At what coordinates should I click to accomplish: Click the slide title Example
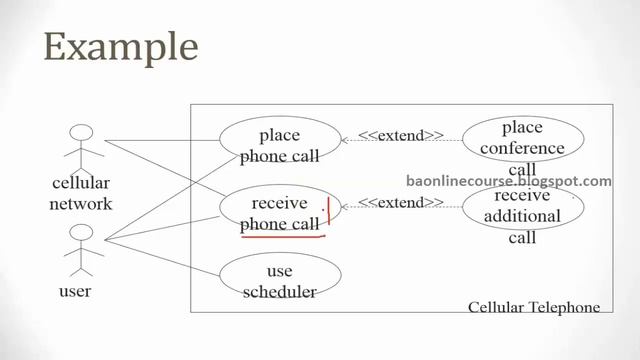click(x=120, y=48)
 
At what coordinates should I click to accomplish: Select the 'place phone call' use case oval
click(x=279, y=144)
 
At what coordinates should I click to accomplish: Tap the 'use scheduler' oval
click(x=279, y=280)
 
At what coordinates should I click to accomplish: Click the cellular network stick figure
click(x=82, y=147)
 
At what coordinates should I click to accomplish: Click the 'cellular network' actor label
click(x=82, y=194)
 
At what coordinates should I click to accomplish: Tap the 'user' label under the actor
click(x=75, y=292)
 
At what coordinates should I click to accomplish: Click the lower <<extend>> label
click(x=400, y=203)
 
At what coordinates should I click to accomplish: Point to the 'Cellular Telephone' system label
click(x=534, y=307)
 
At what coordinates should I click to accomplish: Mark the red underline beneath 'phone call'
click(x=283, y=238)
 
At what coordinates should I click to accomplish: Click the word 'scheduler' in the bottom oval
click(x=279, y=291)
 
